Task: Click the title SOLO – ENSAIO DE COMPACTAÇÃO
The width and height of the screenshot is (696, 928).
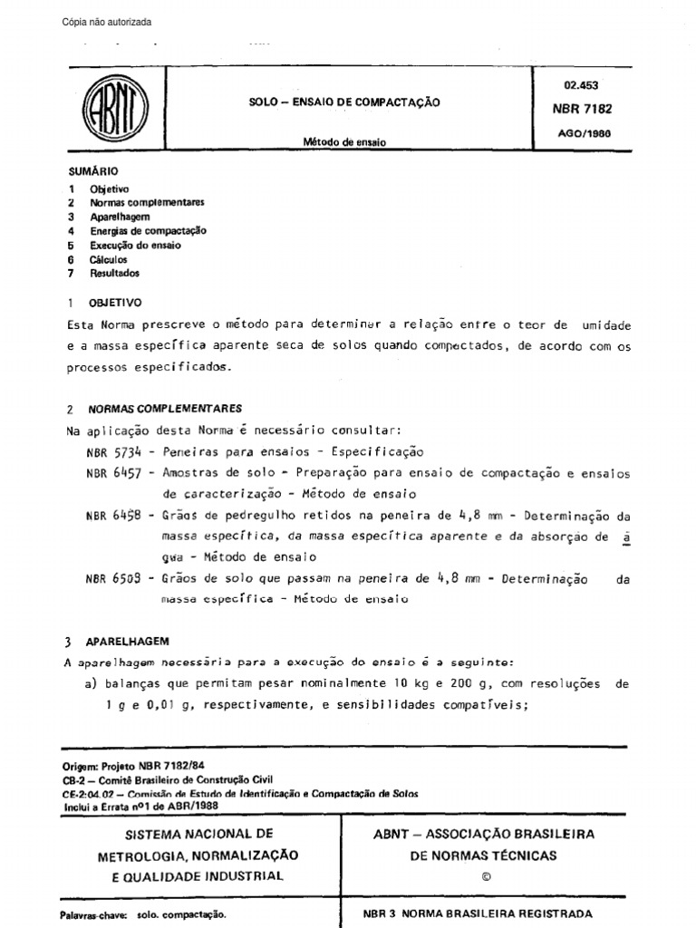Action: [344, 102]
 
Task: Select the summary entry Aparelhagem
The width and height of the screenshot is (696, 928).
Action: [120, 217]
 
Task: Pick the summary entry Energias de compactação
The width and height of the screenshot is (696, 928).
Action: [148, 231]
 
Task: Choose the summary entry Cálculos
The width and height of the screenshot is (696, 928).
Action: [109, 259]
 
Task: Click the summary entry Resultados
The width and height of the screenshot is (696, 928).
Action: [114, 273]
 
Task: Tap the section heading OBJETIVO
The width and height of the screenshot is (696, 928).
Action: [115, 303]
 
